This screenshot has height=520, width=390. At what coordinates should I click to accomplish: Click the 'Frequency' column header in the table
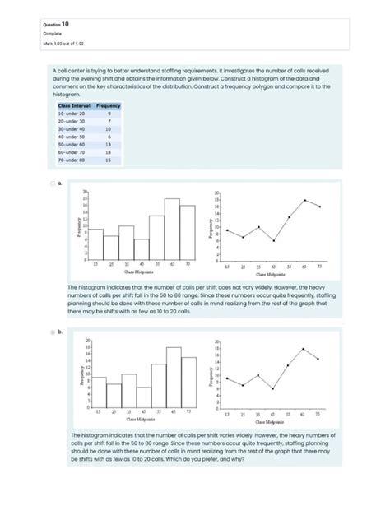(108, 105)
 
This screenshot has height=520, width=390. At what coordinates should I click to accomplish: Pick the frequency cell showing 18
(108, 152)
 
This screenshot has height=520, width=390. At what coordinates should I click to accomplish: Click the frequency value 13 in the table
(108, 144)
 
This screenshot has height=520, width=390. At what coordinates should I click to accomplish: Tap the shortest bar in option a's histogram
(142, 249)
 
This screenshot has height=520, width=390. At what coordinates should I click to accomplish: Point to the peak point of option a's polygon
(304, 200)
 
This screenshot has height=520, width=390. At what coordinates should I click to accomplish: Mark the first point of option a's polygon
(229, 231)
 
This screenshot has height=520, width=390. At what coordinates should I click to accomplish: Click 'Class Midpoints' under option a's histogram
(141, 270)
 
